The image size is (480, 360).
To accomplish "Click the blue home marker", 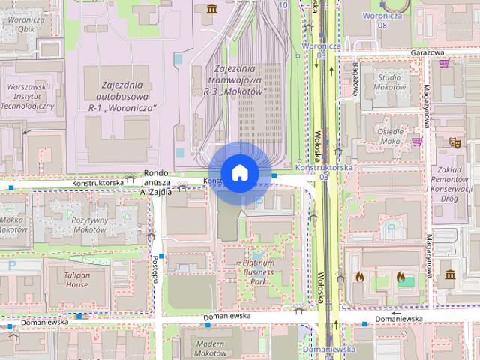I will click(238, 172).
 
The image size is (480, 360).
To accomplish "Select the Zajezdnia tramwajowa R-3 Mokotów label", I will click(235, 80).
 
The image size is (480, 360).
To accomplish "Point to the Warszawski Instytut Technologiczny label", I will click(28, 96).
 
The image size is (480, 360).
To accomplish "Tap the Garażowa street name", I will click(428, 52).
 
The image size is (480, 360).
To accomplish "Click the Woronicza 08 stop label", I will click(384, 19).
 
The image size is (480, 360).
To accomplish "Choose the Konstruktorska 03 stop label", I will click(323, 172).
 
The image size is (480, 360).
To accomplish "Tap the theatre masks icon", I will click(454, 141).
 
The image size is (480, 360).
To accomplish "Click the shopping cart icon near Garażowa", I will click(445, 63).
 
